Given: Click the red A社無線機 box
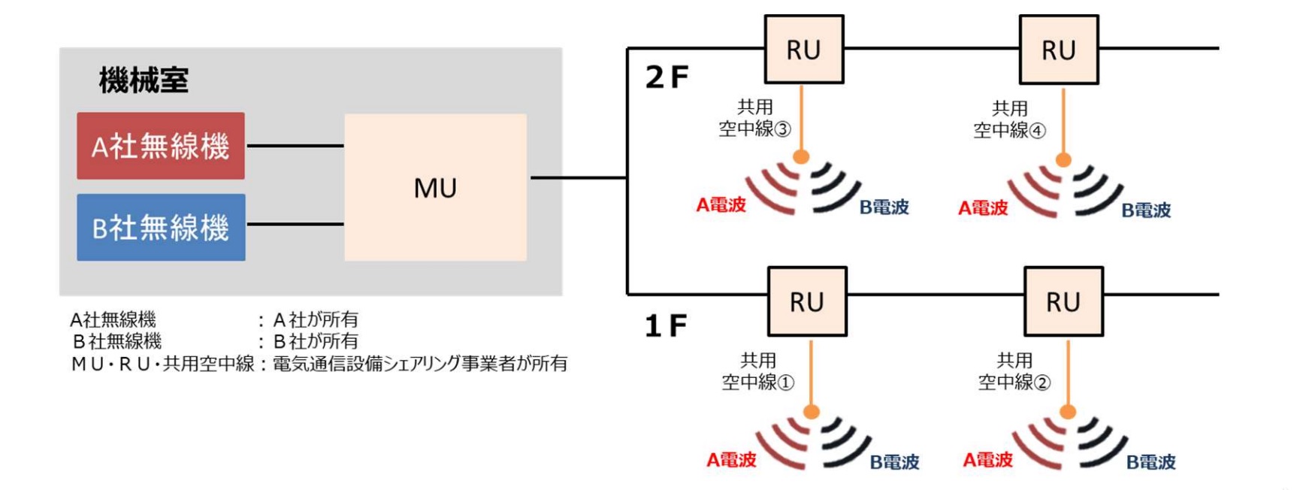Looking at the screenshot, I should (x=160, y=146).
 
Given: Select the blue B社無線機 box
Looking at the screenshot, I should (x=160, y=228).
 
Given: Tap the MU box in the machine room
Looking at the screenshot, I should (x=435, y=188).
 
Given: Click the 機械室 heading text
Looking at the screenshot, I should (x=144, y=80).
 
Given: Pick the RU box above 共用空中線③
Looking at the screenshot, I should (x=803, y=50).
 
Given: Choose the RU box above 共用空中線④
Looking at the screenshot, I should (x=1058, y=50).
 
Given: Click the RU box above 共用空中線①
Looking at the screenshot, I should (x=806, y=301).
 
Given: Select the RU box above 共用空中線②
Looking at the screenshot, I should (x=1063, y=301).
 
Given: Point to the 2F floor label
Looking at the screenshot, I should (x=667, y=77).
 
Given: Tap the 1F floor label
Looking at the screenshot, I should (x=666, y=325).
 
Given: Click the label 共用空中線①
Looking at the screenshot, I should (x=757, y=371).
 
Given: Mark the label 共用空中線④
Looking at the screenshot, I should (x=1009, y=119).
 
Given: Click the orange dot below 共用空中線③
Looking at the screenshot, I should (x=801, y=156).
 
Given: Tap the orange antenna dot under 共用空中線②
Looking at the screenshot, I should (x=1068, y=411).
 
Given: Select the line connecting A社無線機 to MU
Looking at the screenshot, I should (x=295, y=146).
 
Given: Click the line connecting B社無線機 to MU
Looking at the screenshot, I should (x=295, y=224).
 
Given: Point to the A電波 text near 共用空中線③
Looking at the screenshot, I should (x=721, y=204).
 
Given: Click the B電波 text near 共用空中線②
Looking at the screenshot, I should (x=1150, y=462).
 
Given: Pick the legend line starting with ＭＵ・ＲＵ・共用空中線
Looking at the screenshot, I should (x=319, y=364).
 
